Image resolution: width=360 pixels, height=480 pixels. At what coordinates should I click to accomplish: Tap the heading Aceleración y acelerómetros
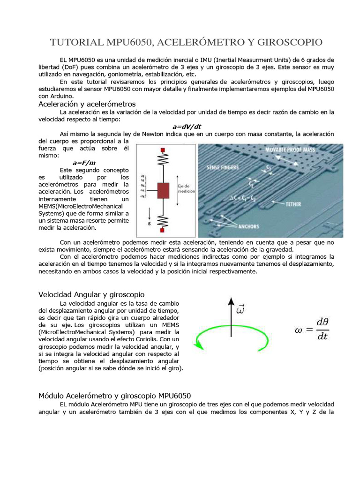[87, 104]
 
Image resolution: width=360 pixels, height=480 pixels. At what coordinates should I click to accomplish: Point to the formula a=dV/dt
[187, 127]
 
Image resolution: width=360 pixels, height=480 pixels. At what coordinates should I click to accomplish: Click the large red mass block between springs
[163, 191]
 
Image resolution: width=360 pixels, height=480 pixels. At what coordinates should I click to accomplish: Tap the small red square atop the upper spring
[163, 150]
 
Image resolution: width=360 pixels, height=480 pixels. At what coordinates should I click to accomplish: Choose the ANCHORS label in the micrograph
[248, 226]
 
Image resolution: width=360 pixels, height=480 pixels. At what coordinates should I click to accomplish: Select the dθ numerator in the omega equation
[322, 322]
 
